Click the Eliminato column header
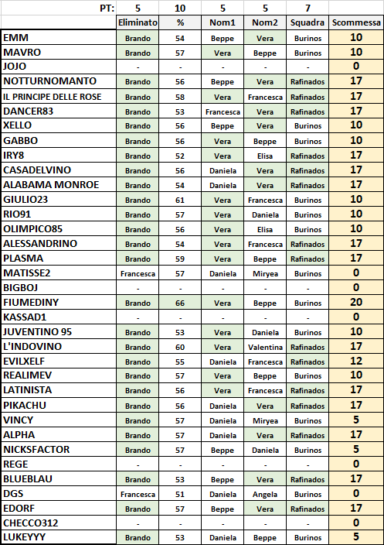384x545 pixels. click(138, 22)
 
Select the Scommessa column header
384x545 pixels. click(356, 22)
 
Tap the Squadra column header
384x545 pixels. click(308, 22)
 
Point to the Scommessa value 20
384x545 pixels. click(356, 303)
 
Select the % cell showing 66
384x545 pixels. click(180, 303)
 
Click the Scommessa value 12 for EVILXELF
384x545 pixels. click(356, 362)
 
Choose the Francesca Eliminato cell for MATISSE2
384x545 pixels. click(138, 273)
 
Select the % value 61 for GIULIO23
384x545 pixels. click(180, 200)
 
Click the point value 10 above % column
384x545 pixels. click(180, 7)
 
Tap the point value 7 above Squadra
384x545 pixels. click(308, 7)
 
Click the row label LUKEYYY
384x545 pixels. click(26, 537)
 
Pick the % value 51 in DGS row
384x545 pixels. click(180, 493)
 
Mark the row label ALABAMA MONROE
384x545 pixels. click(51, 185)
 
